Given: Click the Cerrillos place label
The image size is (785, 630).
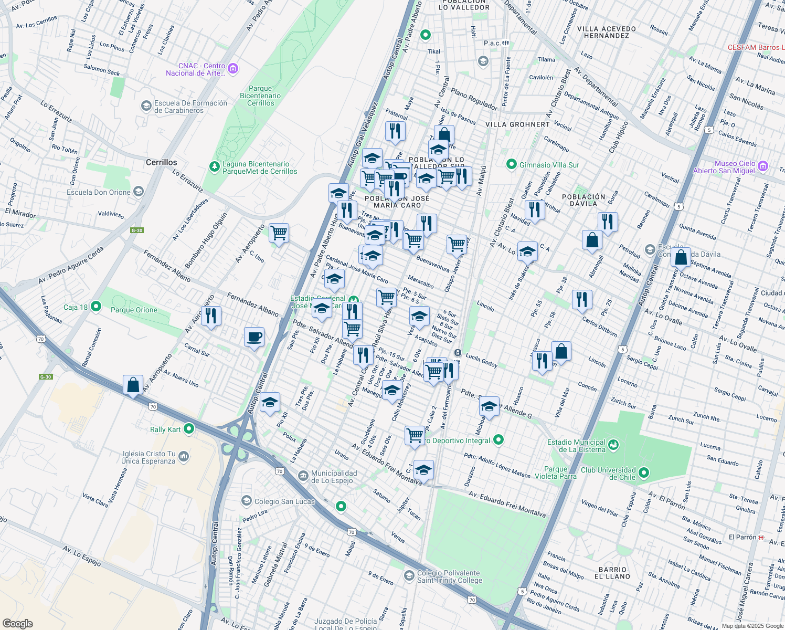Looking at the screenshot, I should point(161,162).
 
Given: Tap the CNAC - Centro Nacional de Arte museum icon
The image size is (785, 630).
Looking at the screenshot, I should point(234,69).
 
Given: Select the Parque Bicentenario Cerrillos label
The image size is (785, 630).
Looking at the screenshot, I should point(260,96).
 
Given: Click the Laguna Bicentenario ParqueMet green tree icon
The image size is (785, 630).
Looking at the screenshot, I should point(214,167).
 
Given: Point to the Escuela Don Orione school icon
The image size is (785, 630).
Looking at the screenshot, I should point(139,192).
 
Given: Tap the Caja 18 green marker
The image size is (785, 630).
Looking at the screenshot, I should point(96,306).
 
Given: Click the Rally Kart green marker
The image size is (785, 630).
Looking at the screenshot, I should point(189,429).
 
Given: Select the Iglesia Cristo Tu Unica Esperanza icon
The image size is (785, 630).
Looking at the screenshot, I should point(184,456).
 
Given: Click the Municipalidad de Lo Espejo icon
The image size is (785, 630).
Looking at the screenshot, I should point(303,476).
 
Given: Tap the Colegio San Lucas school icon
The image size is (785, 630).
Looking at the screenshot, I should point(247,501).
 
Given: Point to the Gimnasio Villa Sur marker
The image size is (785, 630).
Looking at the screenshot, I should point(512,164).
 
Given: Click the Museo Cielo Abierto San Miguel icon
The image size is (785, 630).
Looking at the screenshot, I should point(763,166).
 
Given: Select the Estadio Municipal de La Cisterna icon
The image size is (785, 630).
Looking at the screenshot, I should point(613,445).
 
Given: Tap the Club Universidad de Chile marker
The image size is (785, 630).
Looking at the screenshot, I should point(644,472).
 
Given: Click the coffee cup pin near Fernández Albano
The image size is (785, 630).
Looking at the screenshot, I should point(254,337).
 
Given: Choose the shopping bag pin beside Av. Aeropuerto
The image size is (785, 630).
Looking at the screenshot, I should point(133,384).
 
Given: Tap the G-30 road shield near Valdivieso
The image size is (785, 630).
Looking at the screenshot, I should point(137,230).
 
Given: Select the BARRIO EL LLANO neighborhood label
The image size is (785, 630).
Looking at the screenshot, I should point(612,573).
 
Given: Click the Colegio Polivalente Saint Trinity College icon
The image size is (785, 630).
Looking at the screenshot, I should point(409,576).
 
